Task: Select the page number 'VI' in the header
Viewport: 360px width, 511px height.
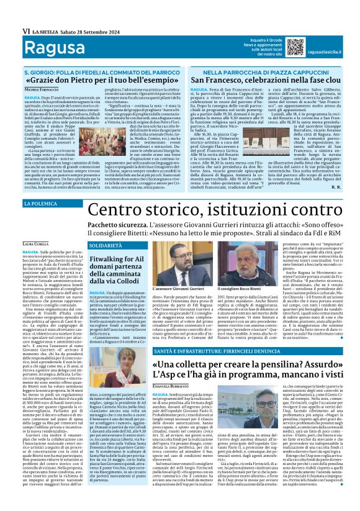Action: coord(26,30)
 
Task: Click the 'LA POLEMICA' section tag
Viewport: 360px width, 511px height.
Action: coord(40,204)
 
